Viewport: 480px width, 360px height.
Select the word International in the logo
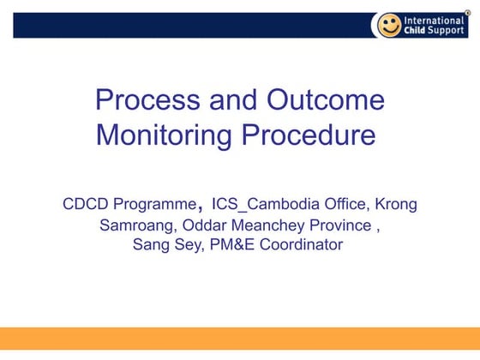pyautogui.click(x=435, y=20)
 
